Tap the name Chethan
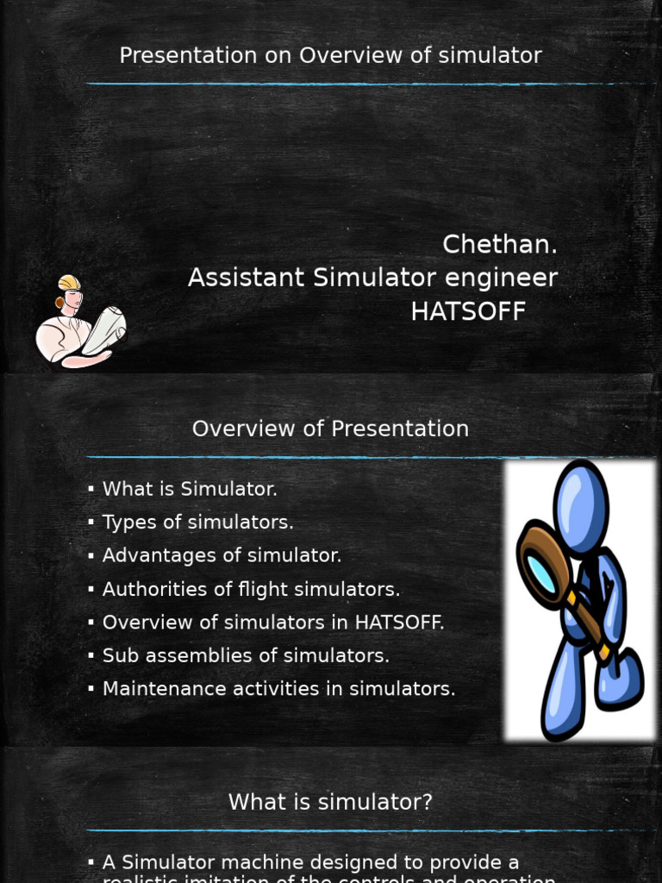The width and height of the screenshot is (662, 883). click(x=499, y=245)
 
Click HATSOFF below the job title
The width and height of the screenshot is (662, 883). click(x=468, y=311)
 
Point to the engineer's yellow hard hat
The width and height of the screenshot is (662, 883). click(x=69, y=283)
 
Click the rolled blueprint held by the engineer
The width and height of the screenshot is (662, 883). click(x=104, y=328)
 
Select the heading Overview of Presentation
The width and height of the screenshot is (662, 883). click(x=330, y=429)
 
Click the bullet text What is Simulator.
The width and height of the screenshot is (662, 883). click(x=190, y=489)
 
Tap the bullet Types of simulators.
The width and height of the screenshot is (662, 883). click(x=197, y=523)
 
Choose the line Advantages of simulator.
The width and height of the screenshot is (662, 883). click(x=222, y=556)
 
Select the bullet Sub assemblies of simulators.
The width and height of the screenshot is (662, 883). click(x=246, y=656)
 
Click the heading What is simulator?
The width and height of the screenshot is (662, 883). click(x=330, y=802)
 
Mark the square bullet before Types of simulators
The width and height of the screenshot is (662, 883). click(x=91, y=523)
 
